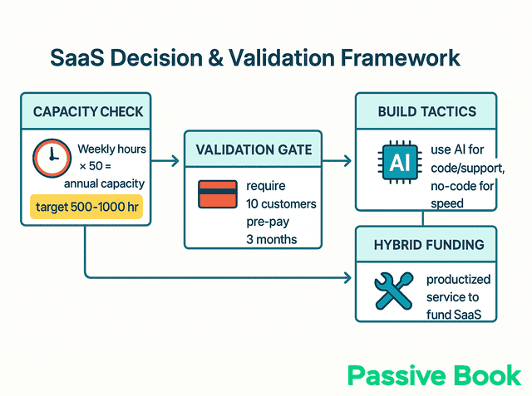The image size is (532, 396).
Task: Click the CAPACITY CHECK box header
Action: pos(86,111)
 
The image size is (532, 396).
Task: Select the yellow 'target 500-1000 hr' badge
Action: pos(86,207)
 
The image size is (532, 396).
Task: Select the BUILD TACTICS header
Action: pos(427,111)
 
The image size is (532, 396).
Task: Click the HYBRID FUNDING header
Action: pos(427,245)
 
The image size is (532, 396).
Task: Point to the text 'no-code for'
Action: pos(462,187)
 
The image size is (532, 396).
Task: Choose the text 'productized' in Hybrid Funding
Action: pos(460,280)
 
